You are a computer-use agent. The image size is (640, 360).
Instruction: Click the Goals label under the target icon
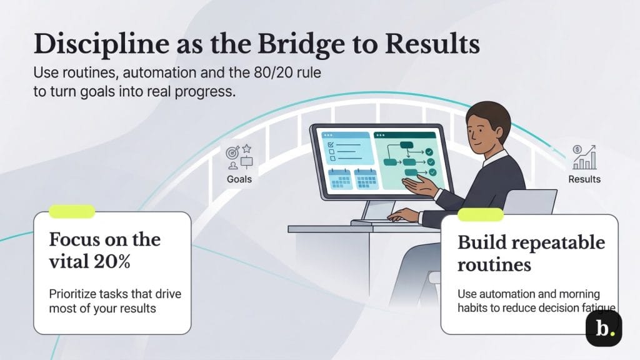[239, 179]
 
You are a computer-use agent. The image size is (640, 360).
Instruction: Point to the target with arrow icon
[232, 152]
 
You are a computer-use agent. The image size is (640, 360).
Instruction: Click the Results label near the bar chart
[584, 179]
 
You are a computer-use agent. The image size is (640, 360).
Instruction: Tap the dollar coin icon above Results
[576, 151]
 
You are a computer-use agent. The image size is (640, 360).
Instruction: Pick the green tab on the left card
[72, 212]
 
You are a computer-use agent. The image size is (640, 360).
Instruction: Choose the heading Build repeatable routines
[531, 253]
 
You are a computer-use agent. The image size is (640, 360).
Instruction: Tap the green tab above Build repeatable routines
[480, 215]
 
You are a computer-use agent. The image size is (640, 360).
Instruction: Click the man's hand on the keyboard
[402, 215]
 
